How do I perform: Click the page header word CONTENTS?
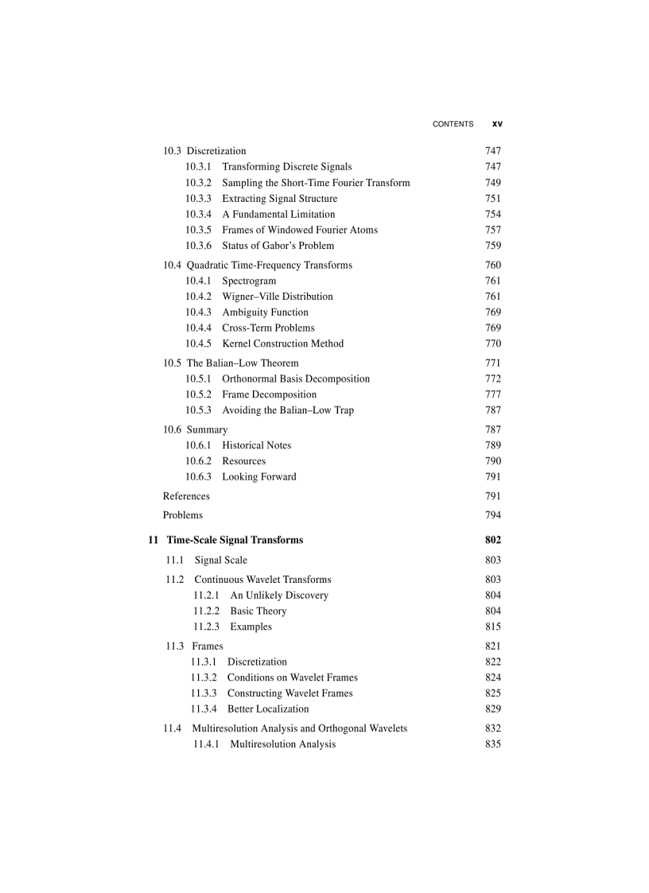(x=453, y=124)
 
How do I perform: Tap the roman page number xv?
(x=497, y=124)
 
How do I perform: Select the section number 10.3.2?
(x=199, y=183)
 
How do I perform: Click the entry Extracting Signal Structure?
(x=279, y=199)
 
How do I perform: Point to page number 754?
(x=492, y=215)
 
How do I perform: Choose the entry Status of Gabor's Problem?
(x=278, y=246)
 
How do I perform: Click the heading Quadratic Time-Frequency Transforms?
(x=269, y=265)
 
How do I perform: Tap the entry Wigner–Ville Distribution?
(x=277, y=297)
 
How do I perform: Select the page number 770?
(x=492, y=344)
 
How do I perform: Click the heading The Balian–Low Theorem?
(x=243, y=363)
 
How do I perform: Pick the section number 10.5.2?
(x=199, y=394)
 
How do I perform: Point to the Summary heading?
(x=207, y=429)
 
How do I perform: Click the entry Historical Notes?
(x=256, y=445)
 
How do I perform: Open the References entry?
(x=186, y=496)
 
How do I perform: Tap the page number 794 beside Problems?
(x=492, y=515)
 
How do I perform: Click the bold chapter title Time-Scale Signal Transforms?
(x=235, y=540)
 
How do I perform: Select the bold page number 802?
(x=492, y=540)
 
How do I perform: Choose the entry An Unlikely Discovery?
(x=278, y=596)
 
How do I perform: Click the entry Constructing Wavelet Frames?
(x=290, y=693)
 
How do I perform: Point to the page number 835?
(x=492, y=744)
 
